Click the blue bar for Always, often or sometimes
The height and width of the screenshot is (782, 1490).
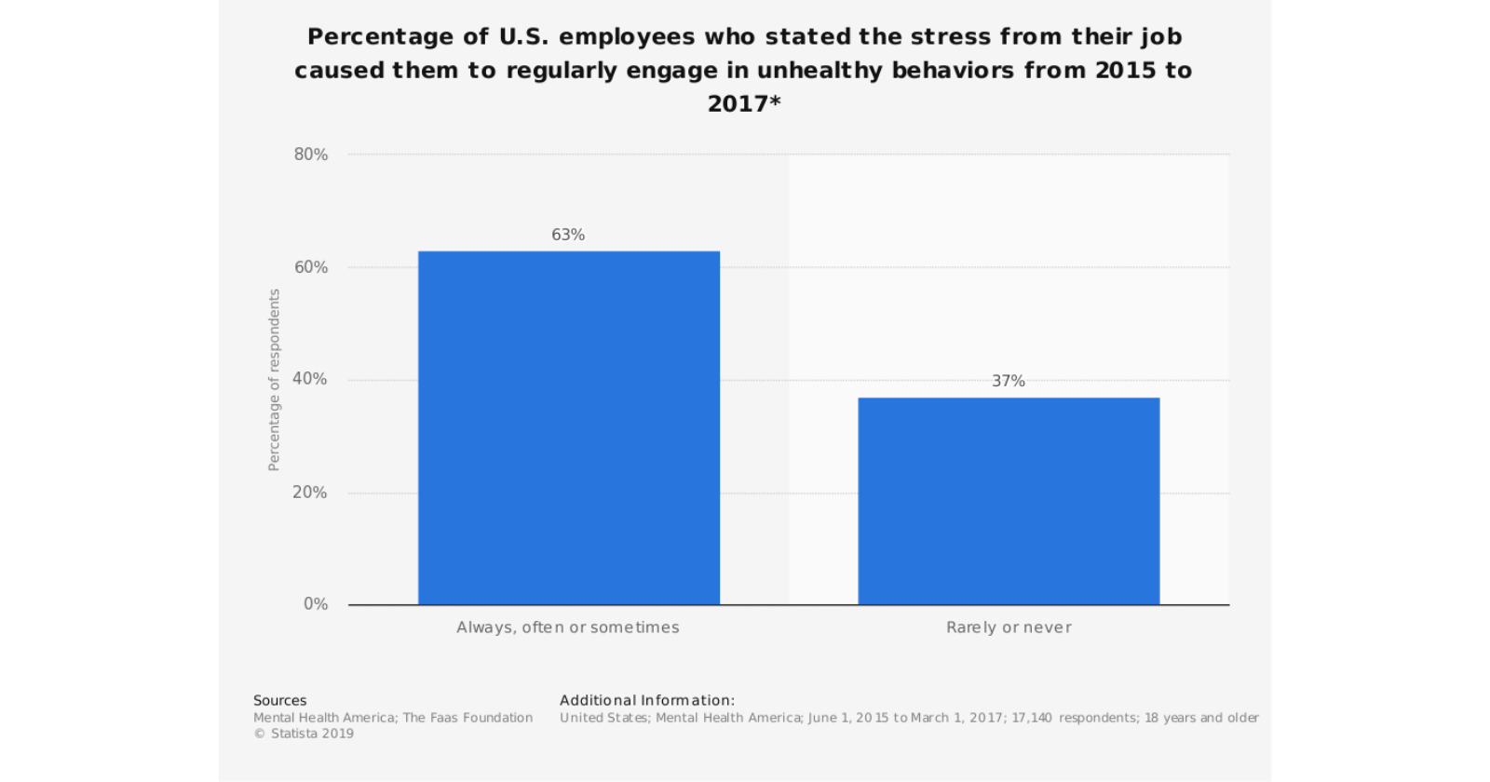tap(568, 428)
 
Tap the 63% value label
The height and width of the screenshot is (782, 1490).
tap(568, 235)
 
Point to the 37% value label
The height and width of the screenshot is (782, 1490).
tap(1009, 381)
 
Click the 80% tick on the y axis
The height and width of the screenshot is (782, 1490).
tap(311, 155)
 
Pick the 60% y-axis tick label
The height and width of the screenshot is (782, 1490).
tap(311, 267)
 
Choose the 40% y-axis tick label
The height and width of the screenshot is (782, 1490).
tap(310, 379)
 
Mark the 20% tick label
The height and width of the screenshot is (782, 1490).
tap(310, 492)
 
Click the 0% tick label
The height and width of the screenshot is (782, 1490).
tap(316, 604)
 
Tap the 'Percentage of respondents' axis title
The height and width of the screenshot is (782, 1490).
tap(274, 380)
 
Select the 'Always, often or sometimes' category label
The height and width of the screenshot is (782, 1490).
tap(568, 627)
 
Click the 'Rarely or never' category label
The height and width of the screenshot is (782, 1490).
tap(1009, 627)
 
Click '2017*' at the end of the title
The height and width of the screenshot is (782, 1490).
tap(744, 103)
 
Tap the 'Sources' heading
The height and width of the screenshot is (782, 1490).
tap(279, 700)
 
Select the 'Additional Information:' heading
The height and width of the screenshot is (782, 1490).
tap(647, 700)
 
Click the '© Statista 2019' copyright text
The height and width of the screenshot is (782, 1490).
tap(304, 734)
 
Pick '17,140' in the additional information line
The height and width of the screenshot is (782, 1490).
tap(1032, 718)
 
